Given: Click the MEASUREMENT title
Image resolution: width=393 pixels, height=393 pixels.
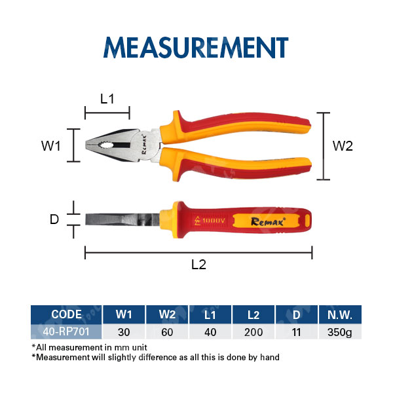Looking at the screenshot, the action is (x=196, y=47).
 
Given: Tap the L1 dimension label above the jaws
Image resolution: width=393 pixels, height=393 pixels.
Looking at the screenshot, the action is (x=107, y=99).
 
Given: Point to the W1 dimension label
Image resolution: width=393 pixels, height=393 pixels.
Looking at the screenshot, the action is (x=51, y=146).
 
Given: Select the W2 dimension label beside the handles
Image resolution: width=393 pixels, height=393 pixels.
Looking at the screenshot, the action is (x=343, y=146).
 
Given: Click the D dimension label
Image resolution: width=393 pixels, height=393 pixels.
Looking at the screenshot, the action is (x=54, y=219).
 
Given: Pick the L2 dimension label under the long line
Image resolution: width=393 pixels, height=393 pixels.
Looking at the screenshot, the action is (x=198, y=265).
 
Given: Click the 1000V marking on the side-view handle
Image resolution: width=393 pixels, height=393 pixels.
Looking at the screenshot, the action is (x=210, y=221).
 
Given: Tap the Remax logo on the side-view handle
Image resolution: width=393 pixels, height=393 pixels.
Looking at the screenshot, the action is (x=268, y=221).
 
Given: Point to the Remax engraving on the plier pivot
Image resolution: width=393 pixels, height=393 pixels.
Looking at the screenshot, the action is (x=143, y=144).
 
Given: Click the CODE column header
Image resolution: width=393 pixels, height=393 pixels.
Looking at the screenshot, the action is (x=66, y=314).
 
